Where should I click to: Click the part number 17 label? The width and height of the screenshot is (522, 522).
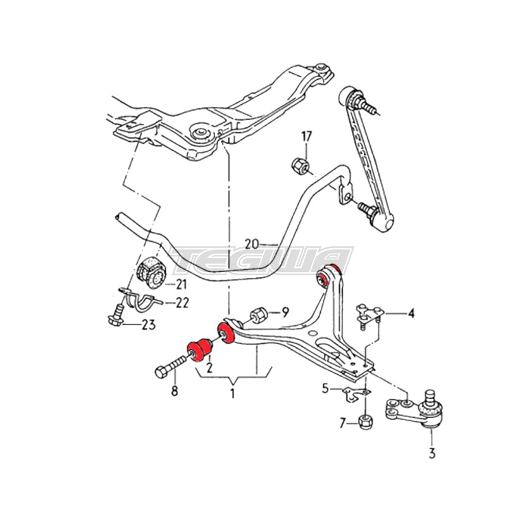(x=307, y=137)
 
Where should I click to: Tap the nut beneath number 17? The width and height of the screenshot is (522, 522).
(x=301, y=166)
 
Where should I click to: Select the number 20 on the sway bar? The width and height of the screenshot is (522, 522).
(x=252, y=244)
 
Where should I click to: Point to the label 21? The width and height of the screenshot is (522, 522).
(x=181, y=285)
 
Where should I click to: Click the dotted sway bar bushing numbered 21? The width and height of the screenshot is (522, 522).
(x=151, y=272)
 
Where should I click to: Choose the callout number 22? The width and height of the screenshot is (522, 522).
(x=182, y=302)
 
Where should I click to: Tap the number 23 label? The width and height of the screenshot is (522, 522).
(x=148, y=325)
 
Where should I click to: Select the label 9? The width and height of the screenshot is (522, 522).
(x=285, y=312)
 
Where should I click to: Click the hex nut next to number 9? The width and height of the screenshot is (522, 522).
(x=258, y=315)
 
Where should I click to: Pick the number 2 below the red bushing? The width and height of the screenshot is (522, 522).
(x=209, y=368)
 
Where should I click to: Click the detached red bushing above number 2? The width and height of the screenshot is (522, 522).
(x=199, y=351)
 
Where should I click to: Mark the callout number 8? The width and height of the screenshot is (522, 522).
(x=175, y=391)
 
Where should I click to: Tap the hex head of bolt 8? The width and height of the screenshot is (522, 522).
(x=162, y=372)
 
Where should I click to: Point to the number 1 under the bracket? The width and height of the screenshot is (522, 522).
(x=232, y=393)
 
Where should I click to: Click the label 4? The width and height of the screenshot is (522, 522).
(x=411, y=313)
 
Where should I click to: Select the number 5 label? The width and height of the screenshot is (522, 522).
(x=326, y=388)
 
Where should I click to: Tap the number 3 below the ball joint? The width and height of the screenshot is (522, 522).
(x=432, y=453)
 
